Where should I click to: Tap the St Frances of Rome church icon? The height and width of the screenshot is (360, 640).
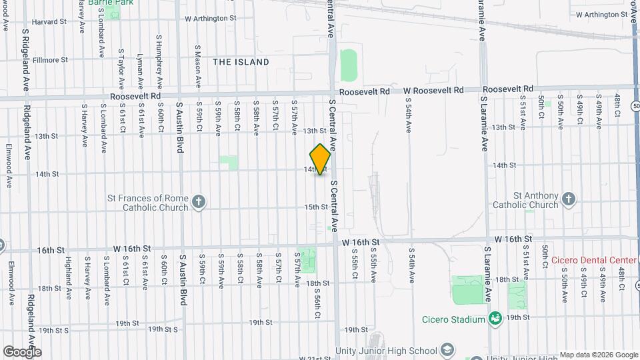(x=199, y=202)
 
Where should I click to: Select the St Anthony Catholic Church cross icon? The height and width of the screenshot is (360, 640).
(x=568, y=199)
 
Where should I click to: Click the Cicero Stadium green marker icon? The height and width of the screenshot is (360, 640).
(x=494, y=319)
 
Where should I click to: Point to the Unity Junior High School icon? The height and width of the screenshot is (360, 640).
(x=447, y=351)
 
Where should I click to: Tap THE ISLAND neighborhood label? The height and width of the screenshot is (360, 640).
(x=241, y=62)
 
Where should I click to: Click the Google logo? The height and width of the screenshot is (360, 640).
(x=22, y=351)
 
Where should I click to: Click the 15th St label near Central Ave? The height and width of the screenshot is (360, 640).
(x=316, y=207)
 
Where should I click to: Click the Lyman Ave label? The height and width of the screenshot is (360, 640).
(x=139, y=71)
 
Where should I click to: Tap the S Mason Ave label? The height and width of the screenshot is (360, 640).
(x=198, y=67)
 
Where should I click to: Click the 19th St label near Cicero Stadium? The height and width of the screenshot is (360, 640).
(x=517, y=318)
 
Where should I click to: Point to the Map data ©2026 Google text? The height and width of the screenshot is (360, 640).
(x=598, y=355)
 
